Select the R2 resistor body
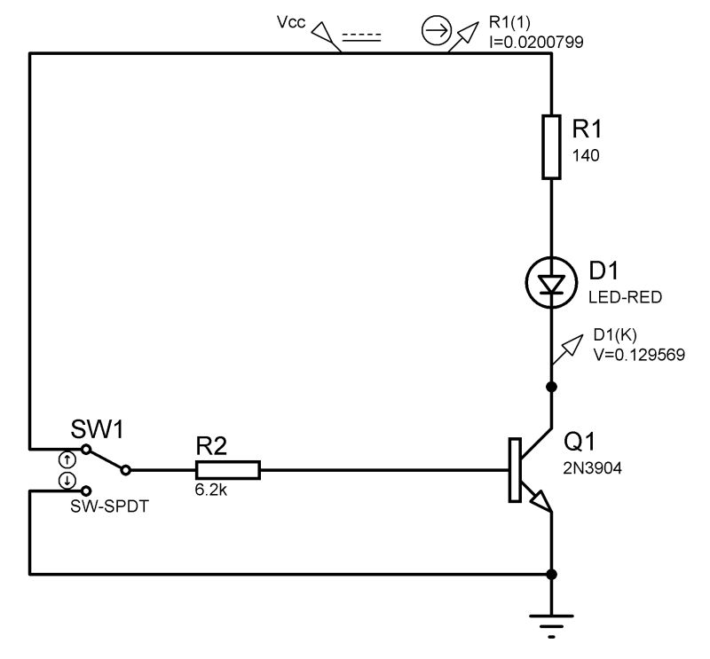pyautogui.click(x=228, y=470)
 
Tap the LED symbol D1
pyautogui.click(x=551, y=284)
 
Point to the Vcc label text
pyautogui.click(x=290, y=24)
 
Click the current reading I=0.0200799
pyautogui.click(x=535, y=42)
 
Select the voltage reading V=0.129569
pyautogui.click(x=638, y=353)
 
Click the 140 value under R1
pyautogui.click(x=586, y=155)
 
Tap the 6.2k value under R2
pyautogui.click(x=211, y=490)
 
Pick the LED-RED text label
pyautogui.click(x=625, y=297)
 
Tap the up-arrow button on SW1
pyautogui.click(x=67, y=459)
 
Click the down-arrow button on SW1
pyautogui.click(x=67, y=481)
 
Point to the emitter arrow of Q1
pyautogui.click(x=540, y=504)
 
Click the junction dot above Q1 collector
pyautogui.click(x=551, y=387)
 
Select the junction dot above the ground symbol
pyautogui.click(x=551, y=574)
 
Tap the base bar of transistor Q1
pyautogui.click(x=514, y=470)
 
